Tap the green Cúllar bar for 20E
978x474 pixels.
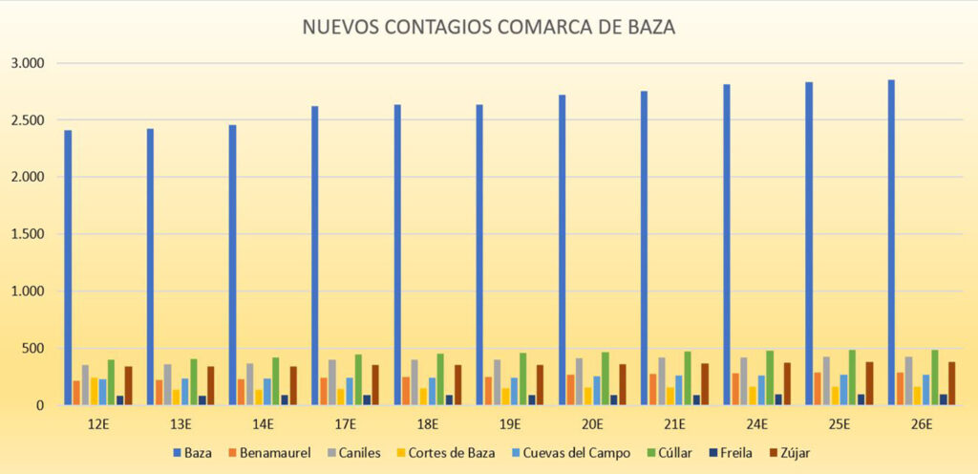[606, 378]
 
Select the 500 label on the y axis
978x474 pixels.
[33, 349]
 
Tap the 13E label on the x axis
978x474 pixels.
[181, 423]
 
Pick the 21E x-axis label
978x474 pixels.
[674, 423]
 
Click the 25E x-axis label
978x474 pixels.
[839, 423]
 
